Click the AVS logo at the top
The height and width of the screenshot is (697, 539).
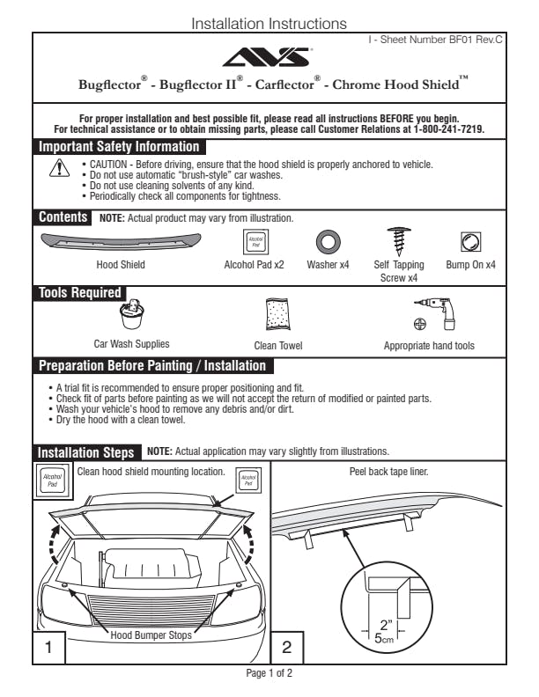(x=269, y=57)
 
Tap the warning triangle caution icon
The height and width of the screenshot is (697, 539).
(x=55, y=167)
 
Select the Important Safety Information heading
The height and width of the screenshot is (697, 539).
(x=119, y=147)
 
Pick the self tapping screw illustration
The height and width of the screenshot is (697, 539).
(x=399, y=241)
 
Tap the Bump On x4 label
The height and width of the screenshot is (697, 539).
(x=471, y=265)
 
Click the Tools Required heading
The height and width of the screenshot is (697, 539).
(x=80, y=293)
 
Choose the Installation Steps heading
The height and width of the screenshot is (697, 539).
(x=86, y=452)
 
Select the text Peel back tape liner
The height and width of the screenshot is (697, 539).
(x=389, y=472)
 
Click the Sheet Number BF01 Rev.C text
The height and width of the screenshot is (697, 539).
(x=436, y=40)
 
